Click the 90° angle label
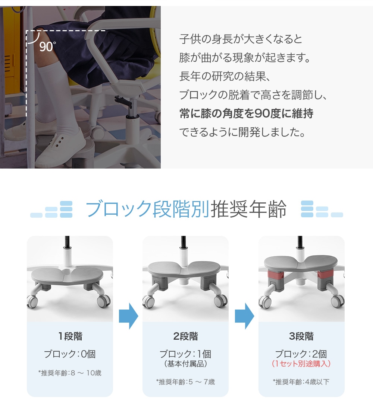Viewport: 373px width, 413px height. [47, 47]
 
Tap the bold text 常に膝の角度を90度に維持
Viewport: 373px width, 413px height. [246, 113]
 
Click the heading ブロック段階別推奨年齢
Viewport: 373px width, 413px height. [186, 209]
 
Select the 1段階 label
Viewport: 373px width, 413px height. [70, 336]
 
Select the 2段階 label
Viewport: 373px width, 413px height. [186, 336]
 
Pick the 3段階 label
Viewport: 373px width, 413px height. [301, 336]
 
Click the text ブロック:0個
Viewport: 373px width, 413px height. [70, 354]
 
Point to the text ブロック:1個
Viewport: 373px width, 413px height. [185, 354]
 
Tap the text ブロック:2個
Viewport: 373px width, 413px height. [301, 354]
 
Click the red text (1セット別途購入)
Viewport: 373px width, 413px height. [301, 364]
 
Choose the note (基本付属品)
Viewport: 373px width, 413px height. [185, 364]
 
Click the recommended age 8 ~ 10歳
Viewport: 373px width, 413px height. [70, 373]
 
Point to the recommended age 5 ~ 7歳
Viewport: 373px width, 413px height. [185, 382]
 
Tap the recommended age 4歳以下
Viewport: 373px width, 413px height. [301, 382]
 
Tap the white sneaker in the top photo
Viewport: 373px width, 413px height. [60, 149]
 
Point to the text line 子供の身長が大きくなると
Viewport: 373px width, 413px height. [241, 39]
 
